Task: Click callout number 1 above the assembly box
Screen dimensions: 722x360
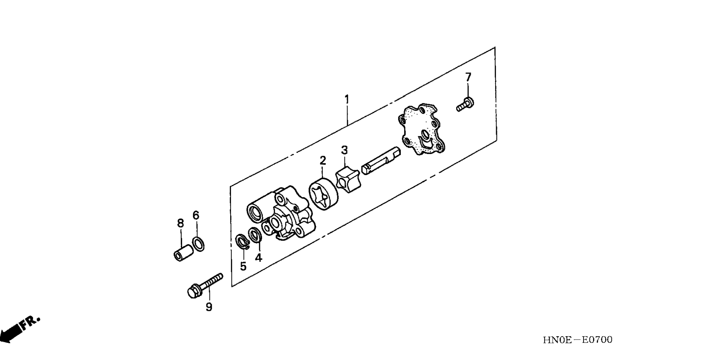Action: [347, 100]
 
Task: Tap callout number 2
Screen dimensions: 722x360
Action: [323, 160]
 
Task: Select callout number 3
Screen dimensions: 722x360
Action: [344, 150]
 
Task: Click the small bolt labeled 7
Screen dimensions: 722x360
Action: [465, 104]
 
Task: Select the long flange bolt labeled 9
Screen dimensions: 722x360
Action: [205, 286]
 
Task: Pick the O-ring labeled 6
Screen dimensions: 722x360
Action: [199, 244]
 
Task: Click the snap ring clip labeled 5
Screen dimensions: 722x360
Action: [243, 241]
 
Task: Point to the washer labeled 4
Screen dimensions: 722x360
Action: [255, 235]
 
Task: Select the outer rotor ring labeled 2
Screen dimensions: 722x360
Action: [322, 194]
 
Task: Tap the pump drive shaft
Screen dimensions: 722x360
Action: [381, 160]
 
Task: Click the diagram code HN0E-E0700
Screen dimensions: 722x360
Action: [577, 340]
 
